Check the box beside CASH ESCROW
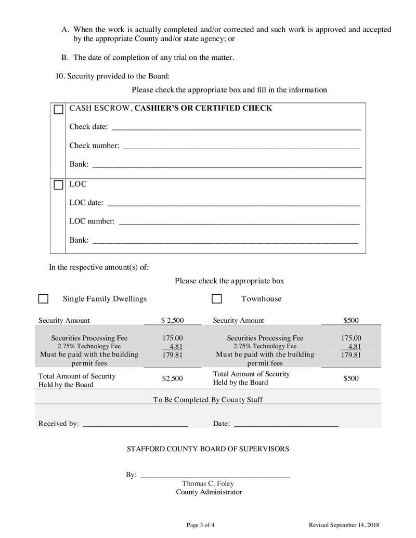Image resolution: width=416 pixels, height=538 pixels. click(x=59, y=110)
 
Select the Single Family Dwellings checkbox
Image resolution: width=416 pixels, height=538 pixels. click(x=44, y=299)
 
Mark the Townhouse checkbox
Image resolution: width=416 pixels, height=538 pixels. click(x=217, y=299)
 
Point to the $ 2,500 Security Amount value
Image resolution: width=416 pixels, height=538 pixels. click(x=172, y=321)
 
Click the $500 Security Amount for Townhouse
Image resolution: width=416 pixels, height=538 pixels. click(x=350, y=321)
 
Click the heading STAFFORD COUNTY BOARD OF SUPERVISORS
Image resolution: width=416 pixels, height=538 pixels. click(x=208, y=449)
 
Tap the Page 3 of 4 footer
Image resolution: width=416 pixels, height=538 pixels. click(x=200, y=525)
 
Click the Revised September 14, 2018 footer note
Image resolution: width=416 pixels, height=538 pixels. click(x=344, y=525)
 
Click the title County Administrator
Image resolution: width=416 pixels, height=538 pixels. click(x=209, y=492)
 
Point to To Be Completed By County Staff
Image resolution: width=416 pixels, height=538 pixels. click(x=208, y=400)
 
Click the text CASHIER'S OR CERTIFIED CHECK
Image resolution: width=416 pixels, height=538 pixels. click(x=200, y=108)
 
